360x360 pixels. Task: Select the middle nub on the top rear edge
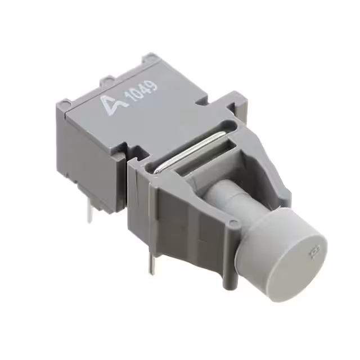107,79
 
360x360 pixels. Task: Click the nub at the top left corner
66,103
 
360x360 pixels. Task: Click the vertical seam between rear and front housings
128,186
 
